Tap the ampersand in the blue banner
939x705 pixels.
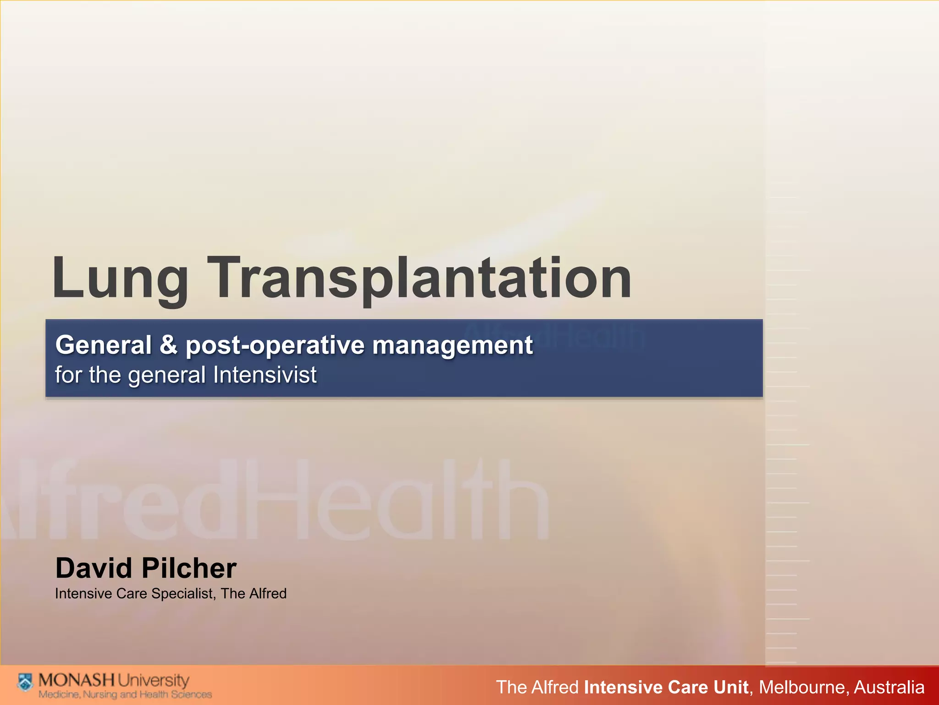pyautogui.click(x=168, y=345)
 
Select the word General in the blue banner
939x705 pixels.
pyautogui.click(x=103, y=345)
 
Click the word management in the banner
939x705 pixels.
pyautogui.click(x=452, y=346)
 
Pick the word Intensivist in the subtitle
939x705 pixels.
pyautogui.click(x=265, y=375)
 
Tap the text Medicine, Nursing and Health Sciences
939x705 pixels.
pyautogui.click(x=125, y=694)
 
